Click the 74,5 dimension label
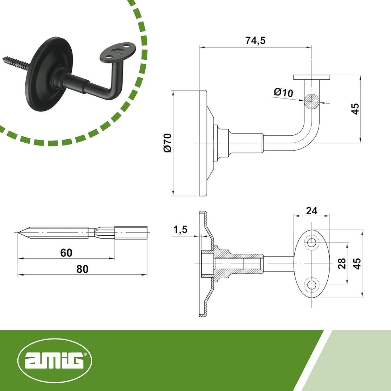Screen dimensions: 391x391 (255, 41)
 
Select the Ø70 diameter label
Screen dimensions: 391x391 (167, 143)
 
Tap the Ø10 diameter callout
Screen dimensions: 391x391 (283, 92)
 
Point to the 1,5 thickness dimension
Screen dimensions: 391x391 (180, 230)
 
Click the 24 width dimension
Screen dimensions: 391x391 (311, 211)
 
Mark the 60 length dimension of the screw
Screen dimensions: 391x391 (66, 253)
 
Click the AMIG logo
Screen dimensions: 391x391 (55, 361)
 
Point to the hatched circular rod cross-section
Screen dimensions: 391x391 (312, 101)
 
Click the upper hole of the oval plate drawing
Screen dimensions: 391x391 (311, 243)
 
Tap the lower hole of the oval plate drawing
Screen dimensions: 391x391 (311, 285)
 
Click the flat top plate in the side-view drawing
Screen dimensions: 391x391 (311, 77)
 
